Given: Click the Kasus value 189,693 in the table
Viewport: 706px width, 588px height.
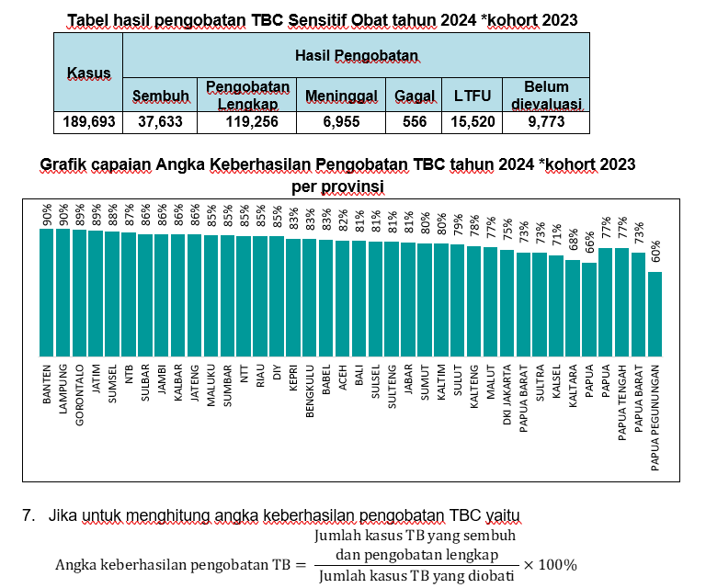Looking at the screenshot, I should click(x=89, y=122).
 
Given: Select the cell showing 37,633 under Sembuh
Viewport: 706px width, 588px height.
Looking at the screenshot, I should click(x=160, y=122).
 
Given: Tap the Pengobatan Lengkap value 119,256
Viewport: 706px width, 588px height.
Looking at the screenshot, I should click(x=246, y=122).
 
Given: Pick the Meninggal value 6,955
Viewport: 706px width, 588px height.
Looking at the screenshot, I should click(x=342, y=122).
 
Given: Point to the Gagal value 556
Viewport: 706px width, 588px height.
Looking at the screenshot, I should click(x=415, y=122).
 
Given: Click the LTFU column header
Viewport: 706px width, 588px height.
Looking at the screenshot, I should click(x=473, y=95).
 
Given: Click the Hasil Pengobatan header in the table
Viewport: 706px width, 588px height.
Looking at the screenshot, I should click(x=356, y=57).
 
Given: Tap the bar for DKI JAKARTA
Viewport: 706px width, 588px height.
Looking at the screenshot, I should click(x=507, y=302).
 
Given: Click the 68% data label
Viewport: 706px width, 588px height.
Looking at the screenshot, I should click(x=573, y=241).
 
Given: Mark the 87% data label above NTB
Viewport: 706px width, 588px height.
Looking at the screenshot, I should click(x=130, y=214).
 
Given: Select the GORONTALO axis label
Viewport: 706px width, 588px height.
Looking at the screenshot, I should click(x=80, y=394).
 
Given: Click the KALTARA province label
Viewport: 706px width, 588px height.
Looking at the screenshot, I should click(x=573, y=390).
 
